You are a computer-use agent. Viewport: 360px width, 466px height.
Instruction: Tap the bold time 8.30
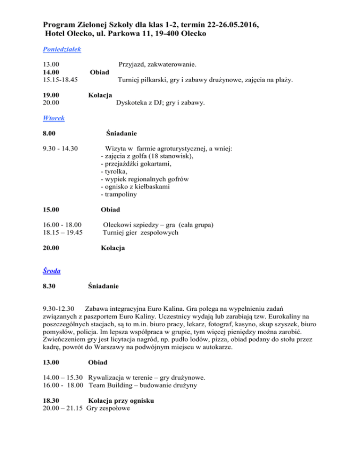50,286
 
